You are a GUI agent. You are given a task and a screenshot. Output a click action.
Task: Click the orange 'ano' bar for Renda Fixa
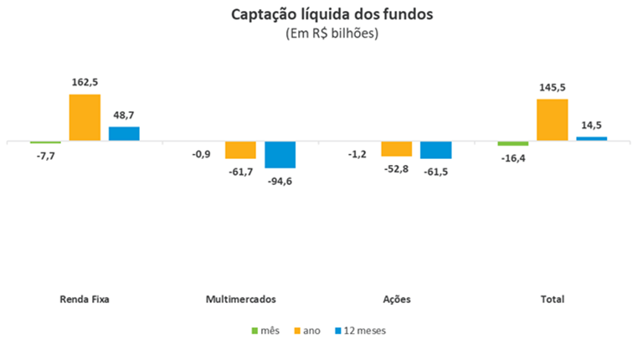pos(85,118)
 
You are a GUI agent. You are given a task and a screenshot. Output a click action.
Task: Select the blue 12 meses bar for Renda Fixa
pos(124,134)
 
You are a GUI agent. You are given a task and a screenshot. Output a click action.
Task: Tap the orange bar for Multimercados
pos(240,150)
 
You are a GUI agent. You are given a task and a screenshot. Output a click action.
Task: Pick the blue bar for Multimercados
pos(280,155)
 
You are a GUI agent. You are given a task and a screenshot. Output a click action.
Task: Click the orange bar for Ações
pos(396,149)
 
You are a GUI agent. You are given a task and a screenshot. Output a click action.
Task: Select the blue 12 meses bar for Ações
pos(435,150)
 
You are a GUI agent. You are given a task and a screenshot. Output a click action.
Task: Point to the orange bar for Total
pos(553,121)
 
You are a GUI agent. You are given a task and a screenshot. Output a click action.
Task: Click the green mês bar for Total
pos(512,144)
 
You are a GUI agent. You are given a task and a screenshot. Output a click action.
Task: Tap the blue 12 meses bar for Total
pos(591,139)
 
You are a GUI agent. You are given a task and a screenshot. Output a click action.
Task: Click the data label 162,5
pos(85,82)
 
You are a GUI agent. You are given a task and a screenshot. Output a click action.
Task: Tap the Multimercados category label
pos(240,299)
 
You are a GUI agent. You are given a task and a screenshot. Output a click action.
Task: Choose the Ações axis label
pos(396,299)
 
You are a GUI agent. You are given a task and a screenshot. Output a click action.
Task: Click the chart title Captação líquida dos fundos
pos(321,15)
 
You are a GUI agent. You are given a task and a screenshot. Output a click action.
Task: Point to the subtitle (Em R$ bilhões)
pos(321,34)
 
